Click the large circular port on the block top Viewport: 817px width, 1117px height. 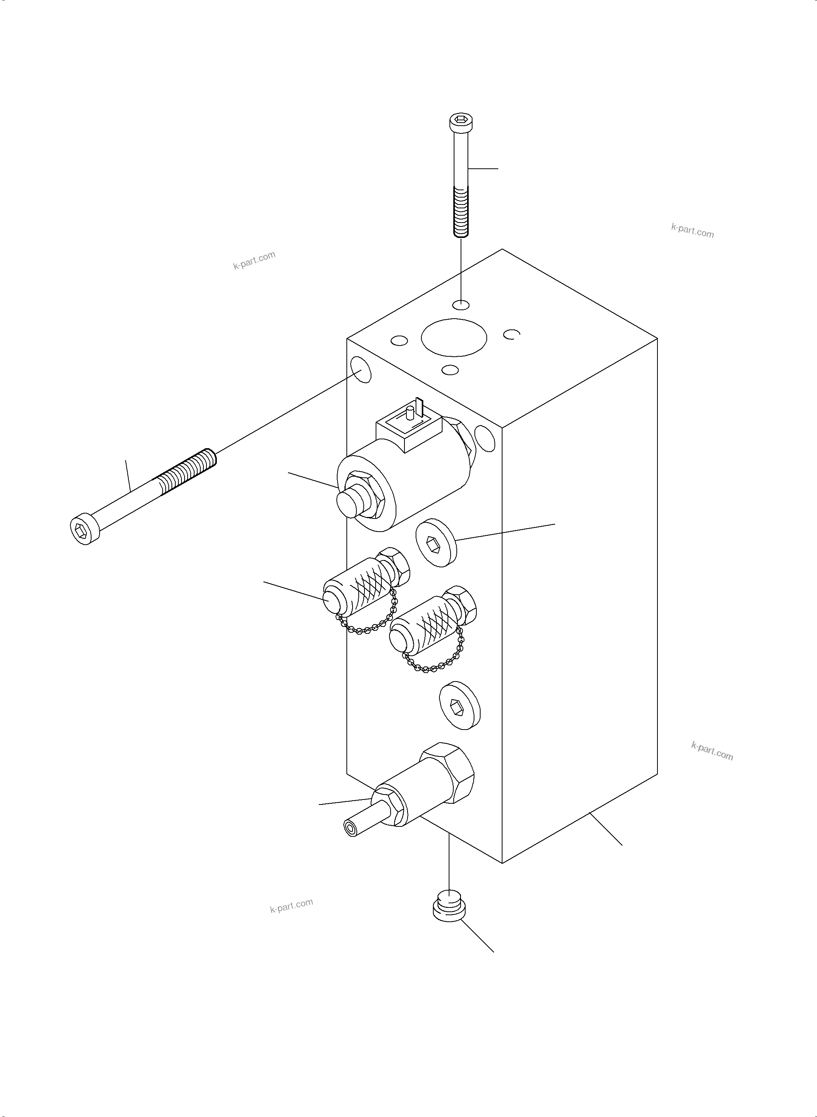coord(454,337)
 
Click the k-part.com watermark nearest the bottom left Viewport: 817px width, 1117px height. coord(291,905)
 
